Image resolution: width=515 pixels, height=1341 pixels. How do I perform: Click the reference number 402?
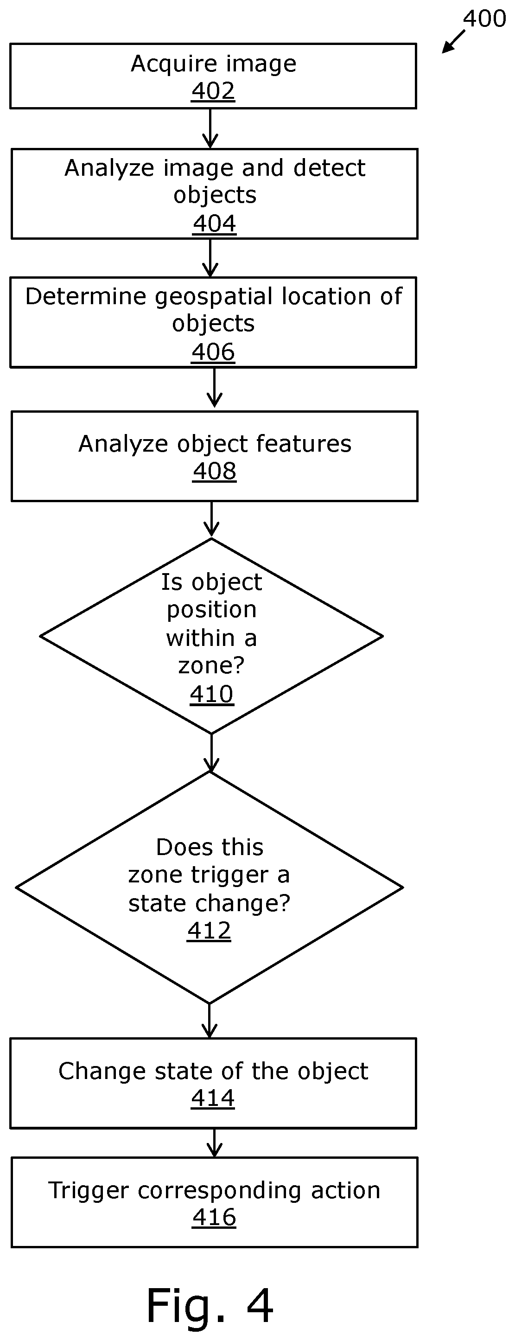tap(213, 91)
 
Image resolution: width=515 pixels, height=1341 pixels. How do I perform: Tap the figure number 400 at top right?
tap(484, 19)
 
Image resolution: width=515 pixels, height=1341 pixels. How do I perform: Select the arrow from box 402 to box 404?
tap(210, 128)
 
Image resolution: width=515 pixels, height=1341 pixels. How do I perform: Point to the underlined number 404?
tap(214, 224)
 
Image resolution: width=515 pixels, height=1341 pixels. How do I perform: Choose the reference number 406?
tap(213, 352)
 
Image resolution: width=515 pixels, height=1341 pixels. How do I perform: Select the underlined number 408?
tap(214, 472)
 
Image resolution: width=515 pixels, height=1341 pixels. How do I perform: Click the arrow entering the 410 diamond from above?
tap(211, 519)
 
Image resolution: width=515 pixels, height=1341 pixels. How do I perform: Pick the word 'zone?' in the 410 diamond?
tap(211, 666)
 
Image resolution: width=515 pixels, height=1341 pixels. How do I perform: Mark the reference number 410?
tap(211, 695)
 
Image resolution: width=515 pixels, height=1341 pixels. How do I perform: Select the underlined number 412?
tap(209, 931)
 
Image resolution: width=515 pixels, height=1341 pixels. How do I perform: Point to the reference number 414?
tap(213, 1098)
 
